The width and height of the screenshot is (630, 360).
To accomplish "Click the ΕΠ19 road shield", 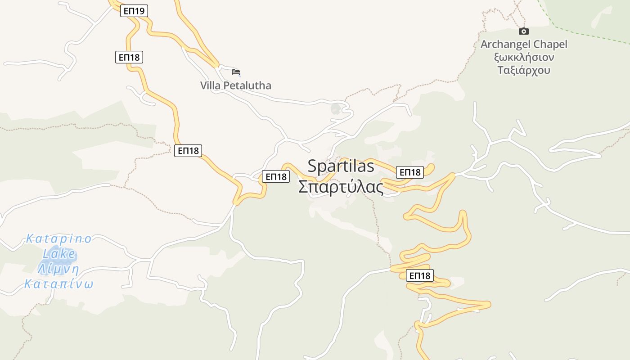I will coord(134,11).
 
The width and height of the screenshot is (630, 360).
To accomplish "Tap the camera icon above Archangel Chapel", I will coord(523,31).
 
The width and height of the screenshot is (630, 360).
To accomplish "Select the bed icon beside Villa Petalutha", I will coord(236,72).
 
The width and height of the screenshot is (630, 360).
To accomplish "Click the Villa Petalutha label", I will coord(236,85).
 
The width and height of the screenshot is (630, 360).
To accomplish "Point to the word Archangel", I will coord(506,45).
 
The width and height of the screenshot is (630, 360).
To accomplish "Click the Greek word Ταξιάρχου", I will coord(524,70).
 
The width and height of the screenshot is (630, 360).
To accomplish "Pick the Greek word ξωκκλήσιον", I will coord(524,58).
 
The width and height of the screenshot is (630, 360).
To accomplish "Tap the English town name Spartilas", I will coord(341,166).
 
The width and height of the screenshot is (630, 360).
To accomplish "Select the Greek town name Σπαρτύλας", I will coord(341,187).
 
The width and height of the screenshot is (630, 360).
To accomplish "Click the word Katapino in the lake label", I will coord(59,238).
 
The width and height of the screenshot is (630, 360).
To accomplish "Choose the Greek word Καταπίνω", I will coord(58,284).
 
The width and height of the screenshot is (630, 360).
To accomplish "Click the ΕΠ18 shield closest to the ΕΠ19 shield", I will coord(129,57).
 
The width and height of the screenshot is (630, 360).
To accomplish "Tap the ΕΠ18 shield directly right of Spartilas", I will coord(409,172).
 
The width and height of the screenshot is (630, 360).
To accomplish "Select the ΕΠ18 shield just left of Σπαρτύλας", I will coord(276,176).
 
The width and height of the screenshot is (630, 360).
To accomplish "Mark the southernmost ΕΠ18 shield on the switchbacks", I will coord(419,275).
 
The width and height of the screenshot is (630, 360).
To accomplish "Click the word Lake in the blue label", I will coord(59,254).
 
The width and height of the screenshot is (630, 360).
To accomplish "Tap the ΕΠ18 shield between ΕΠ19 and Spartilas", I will coord(188,151).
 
